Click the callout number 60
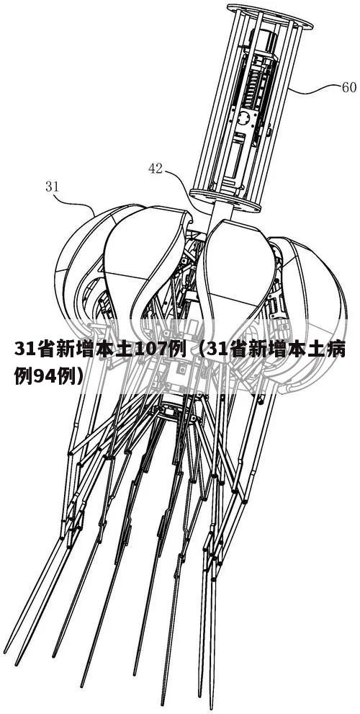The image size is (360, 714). point(348,87)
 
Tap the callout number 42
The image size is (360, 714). point(156,169)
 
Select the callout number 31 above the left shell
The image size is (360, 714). point(52,186)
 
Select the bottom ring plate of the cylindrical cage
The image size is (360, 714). point(225,200)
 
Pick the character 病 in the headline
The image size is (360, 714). point(336,349)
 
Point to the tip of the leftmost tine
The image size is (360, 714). point(5,653)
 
